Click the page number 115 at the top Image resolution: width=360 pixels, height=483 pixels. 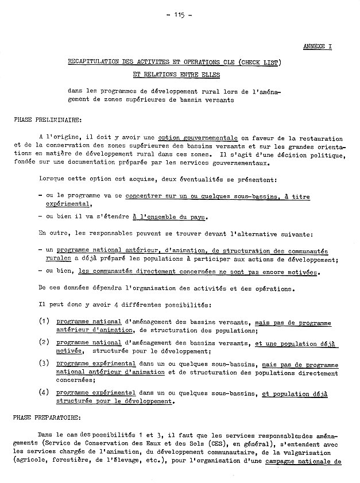coord(179,16)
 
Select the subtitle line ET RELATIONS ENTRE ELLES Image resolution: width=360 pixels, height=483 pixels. coord(172,75)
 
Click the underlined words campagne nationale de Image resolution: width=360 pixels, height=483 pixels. coord(304,461)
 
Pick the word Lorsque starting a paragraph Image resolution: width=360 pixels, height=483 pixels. coord(53,180)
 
